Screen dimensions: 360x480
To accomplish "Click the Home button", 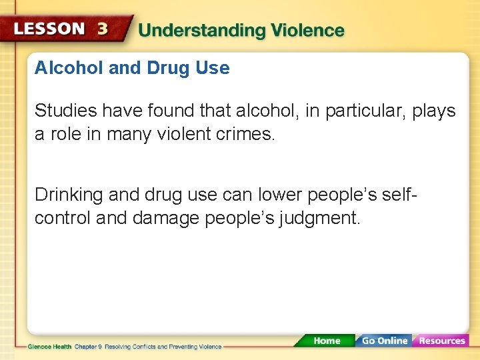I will [x=326, y=341].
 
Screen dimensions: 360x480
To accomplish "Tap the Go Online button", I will [x=383, y=341].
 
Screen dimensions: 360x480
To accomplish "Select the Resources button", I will [x=441, y=341].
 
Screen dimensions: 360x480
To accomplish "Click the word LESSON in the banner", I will [x=50, y=30].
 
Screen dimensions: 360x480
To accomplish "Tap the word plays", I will [x=434, y=111].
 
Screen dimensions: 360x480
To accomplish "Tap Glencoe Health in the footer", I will [x=49, y=347].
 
